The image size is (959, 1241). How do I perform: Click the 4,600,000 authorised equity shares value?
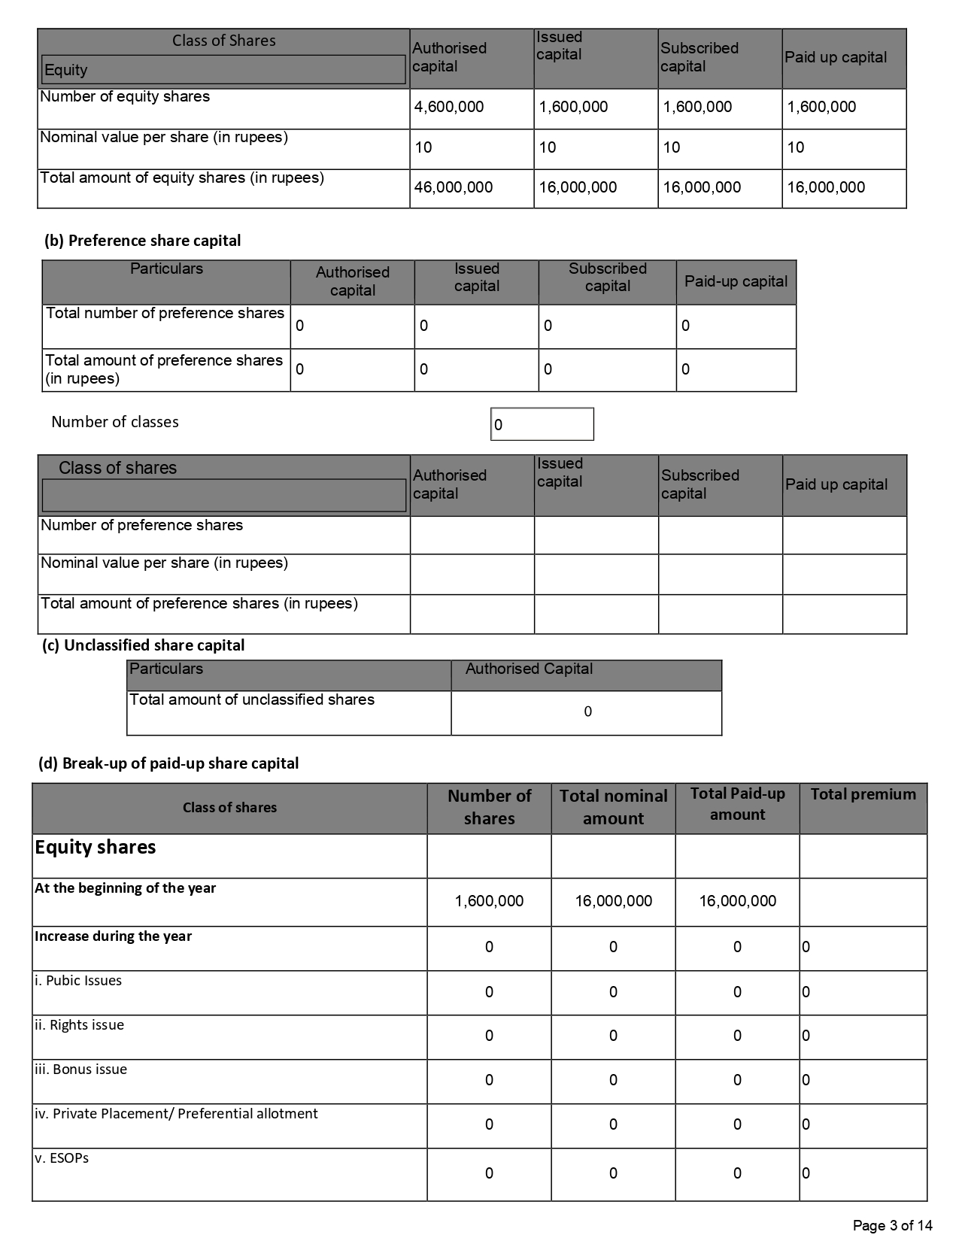click(449, 107)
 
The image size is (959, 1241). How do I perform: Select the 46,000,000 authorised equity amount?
click(453, 187)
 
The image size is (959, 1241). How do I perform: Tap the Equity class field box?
click(223, 70)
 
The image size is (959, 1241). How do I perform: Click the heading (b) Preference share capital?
click(143, 241)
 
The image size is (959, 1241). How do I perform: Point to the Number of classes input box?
click(542, 424)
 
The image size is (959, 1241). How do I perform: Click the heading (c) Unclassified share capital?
click(143, 645)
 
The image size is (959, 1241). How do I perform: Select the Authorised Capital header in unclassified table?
click(529, 669)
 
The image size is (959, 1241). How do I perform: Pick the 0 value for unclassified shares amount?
click(587, 712)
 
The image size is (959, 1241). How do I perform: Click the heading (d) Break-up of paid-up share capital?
click(168, 763)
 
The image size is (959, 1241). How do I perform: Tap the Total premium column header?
click(863, 794)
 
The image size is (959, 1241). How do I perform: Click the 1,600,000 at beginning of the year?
click(489, 901)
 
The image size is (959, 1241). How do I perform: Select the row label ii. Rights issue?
click(79, 1025)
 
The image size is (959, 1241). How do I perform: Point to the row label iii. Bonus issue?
click(80, 1070)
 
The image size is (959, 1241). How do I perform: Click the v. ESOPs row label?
click(62, 1158)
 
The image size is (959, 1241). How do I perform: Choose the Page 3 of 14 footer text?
click(892, 1225)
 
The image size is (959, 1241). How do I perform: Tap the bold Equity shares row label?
click(96, 848)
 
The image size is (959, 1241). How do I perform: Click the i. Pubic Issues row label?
click(78, 981)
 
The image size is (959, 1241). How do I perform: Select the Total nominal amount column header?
click(613, 807)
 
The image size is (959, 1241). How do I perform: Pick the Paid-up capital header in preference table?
click(736, 281)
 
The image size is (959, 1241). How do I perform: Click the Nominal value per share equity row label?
click(164, 138)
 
